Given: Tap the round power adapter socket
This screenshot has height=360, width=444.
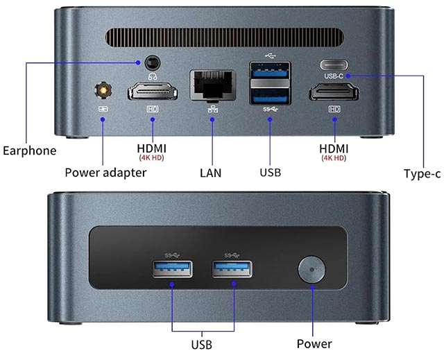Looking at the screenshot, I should [x=103, y=90].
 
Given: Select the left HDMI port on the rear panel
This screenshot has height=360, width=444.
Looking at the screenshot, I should [x=153, y=92].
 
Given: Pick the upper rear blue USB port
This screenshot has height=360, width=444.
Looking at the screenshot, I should [x=269, y=71].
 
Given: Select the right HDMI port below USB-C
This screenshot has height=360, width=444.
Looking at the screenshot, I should [x=334, y=92].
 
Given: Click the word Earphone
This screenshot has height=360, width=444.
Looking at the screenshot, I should [x=29, y=150].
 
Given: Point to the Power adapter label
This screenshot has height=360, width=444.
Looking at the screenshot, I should [x=105, y=172].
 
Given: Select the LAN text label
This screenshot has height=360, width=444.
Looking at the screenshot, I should [x=210, y=172].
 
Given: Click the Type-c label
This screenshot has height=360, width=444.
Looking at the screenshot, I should [x=422, y=173].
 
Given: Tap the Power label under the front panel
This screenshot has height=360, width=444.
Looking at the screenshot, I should [x=314, y=343].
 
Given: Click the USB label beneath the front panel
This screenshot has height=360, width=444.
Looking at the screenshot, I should [x=201, y=344].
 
